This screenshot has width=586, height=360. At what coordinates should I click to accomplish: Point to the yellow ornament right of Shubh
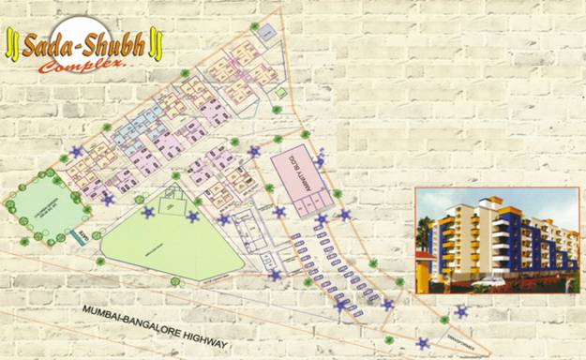(157, 43)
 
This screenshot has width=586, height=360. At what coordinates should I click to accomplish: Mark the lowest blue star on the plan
(423, 342)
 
